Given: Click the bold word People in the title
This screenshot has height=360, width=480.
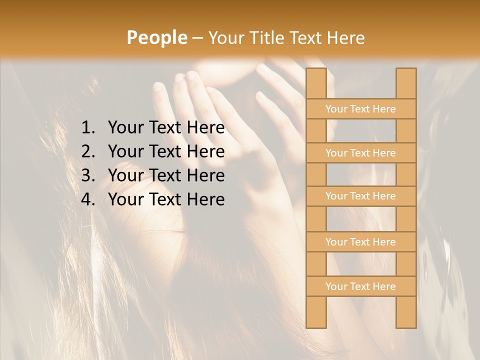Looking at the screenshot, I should [156, 37].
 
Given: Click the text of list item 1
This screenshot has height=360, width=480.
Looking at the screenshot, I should [166, 128].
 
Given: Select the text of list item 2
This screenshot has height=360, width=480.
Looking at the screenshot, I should [166, 151].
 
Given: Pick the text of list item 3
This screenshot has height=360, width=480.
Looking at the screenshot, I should [166, 175].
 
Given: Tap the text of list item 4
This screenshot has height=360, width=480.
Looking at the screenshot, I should [166, 199].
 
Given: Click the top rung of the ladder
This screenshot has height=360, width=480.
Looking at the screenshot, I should [360, 109].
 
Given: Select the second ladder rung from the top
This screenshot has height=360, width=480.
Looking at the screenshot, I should [360, 153].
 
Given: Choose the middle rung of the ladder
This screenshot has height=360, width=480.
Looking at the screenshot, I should [360, 196].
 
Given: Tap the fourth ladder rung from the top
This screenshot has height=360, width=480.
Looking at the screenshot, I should [360, 242].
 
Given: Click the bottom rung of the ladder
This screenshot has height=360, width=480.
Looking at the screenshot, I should [360, 286].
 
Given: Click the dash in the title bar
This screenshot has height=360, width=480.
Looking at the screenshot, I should [197, 38].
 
